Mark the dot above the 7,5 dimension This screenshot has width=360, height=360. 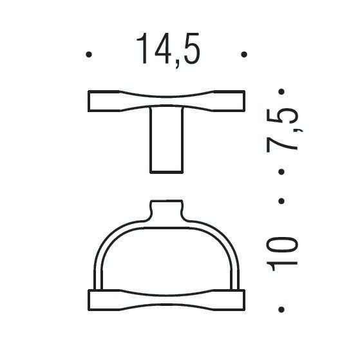281,93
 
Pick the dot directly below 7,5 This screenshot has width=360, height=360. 281,171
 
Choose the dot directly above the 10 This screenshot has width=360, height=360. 281,202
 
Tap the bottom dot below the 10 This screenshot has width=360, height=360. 281,310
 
